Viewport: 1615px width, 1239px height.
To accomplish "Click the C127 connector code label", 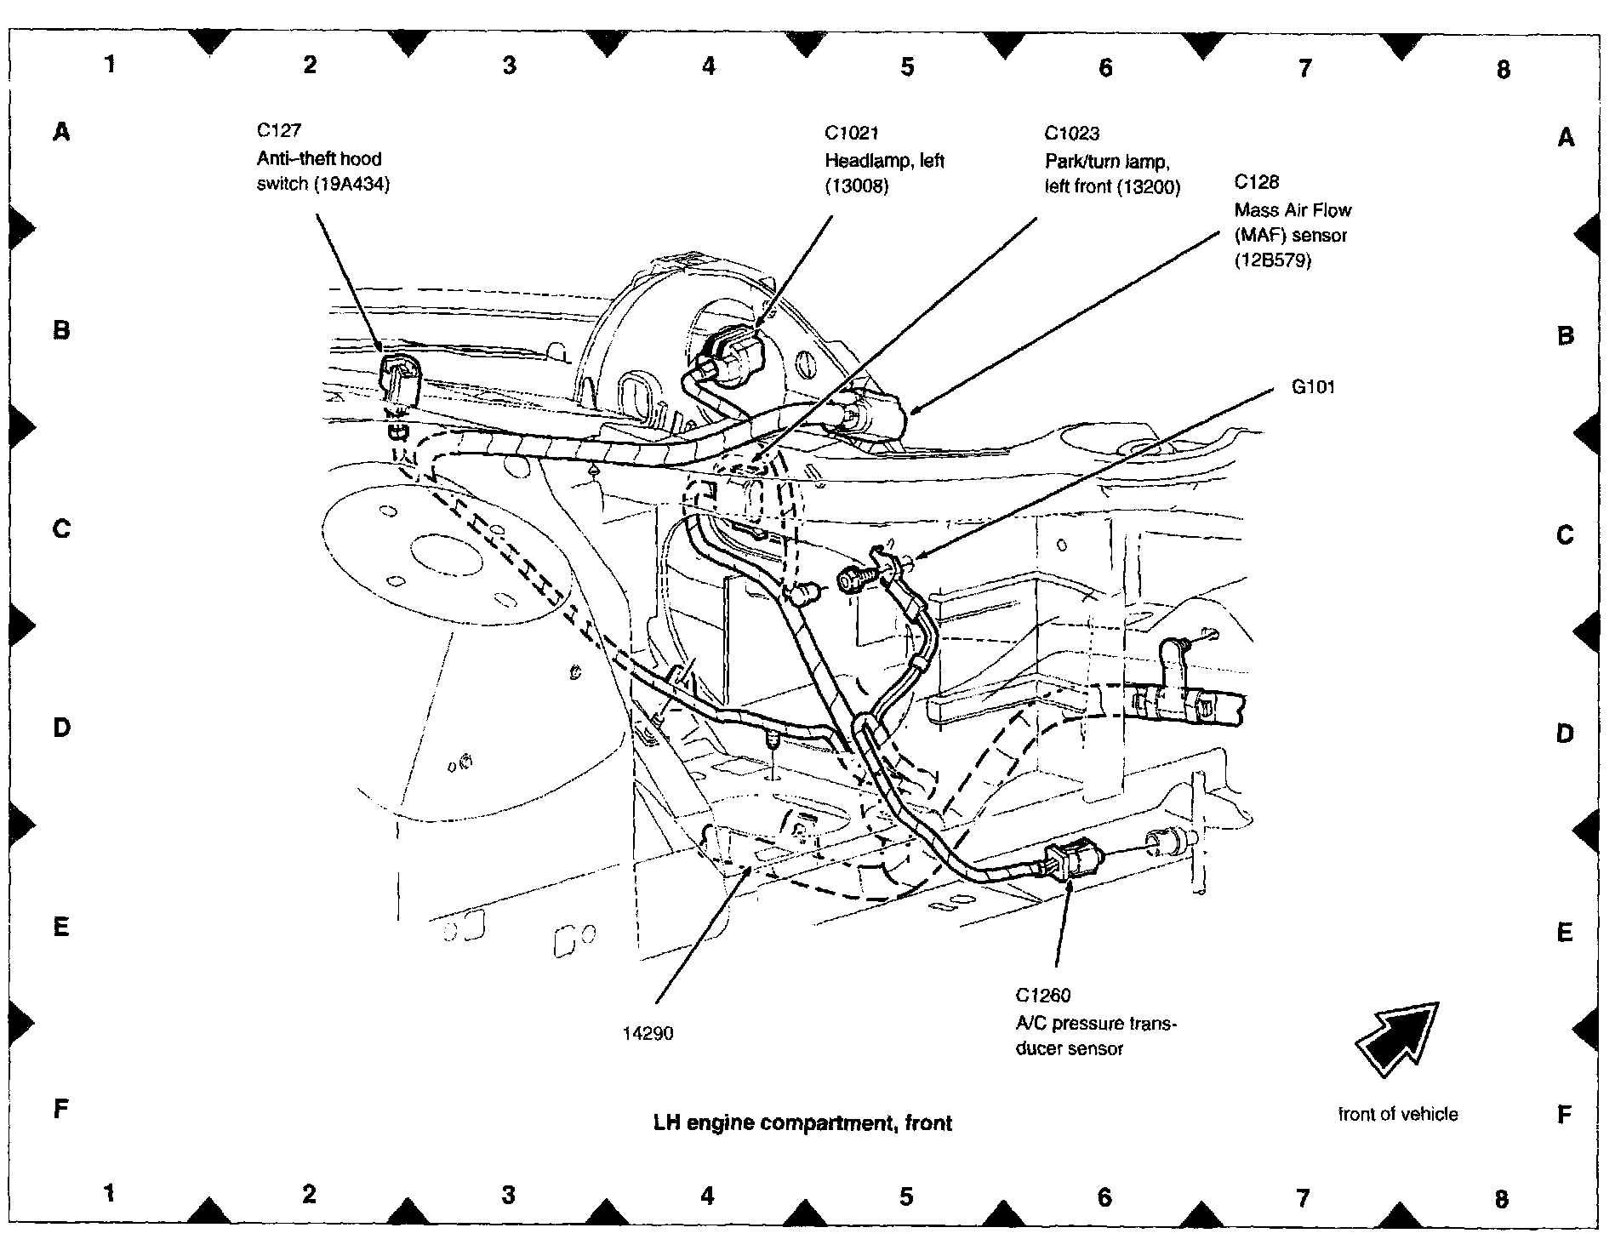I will click(x=279, y=131).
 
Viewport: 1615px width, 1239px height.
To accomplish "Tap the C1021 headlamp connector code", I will click(x=852, y=134).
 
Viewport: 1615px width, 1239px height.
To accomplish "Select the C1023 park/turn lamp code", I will click(x=1072, y=134).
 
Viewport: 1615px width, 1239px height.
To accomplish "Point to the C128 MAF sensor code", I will click(x=1256, y=182).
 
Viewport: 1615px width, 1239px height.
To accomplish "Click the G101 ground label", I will click(x=1313, y=388).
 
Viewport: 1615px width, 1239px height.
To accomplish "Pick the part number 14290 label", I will click(x=648, y=1034).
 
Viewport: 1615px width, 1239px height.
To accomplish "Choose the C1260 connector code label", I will click(x=1042, y=996).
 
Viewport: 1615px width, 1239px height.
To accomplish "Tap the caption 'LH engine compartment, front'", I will click(x=802, y=1123).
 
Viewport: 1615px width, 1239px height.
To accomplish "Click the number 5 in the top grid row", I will click(x=907, y=66).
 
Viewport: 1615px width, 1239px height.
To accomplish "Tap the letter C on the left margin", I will click(x=61, y=528).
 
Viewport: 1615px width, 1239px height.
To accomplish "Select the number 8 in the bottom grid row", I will click(x=1501, y=1199).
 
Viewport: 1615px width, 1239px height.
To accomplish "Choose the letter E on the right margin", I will click(x=1564, y=933).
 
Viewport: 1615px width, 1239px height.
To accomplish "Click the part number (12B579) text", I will click(x=1273, y=261).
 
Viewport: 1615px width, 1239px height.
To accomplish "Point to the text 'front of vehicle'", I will click(x=1397, y=1115).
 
